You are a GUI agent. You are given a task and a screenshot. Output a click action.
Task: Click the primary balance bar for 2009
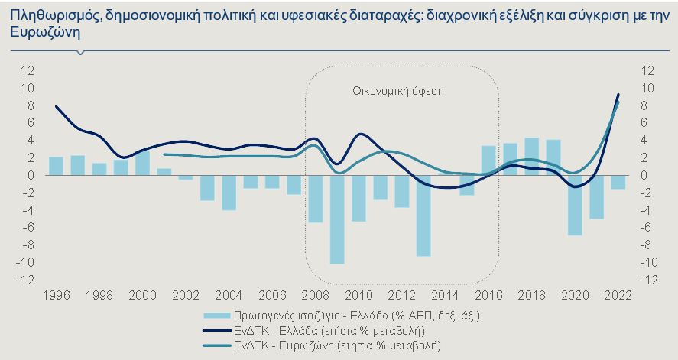pos(337,219)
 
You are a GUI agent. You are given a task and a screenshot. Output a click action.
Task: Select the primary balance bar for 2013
pos(423,216)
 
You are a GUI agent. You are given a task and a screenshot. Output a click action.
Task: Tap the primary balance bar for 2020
pos(575,205)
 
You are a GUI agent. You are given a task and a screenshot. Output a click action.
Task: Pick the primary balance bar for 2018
pos(532,157)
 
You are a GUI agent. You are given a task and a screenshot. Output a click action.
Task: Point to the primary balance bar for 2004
pos(229,193)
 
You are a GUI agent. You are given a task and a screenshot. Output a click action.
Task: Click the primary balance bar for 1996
pos(56,166)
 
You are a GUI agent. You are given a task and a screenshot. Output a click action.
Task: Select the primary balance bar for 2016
pos(488,161)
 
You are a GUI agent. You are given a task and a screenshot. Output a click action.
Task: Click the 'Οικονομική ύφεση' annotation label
pos(398,90)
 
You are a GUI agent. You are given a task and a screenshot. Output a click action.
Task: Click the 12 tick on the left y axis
pos(28,70)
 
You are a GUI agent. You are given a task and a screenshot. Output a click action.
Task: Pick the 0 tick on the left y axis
pos(31,175)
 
